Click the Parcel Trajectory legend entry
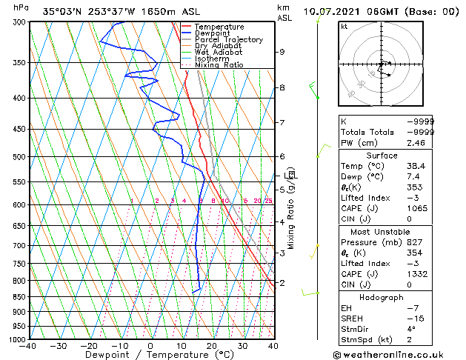(228, 39)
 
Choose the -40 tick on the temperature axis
(28, 345)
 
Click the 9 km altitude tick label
(282, 52)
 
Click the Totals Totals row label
(365, 131)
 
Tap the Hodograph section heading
(382, 297)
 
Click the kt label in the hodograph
(344, 27)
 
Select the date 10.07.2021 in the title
(334, 11)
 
